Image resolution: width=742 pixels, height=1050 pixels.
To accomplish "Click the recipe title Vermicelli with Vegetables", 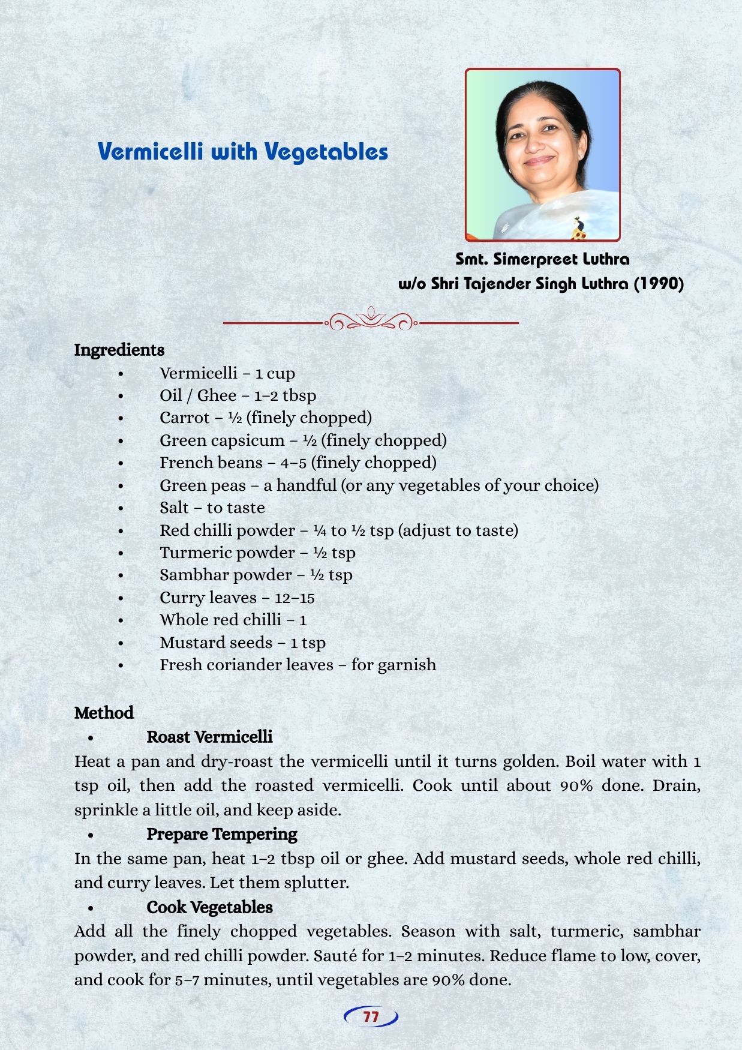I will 243,151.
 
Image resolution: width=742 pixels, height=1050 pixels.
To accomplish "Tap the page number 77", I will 371,1017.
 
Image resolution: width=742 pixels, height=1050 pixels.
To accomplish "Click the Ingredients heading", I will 119,350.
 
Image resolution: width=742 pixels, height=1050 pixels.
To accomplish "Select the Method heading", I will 104,713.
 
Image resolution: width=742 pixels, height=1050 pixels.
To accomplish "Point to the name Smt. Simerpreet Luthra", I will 542,259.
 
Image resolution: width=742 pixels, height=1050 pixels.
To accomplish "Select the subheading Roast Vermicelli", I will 209,737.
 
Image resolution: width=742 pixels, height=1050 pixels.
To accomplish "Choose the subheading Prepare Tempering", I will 221,834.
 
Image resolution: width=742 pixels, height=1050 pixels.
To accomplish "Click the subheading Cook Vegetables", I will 209,907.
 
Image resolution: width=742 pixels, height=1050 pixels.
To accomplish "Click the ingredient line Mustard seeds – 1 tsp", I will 242,643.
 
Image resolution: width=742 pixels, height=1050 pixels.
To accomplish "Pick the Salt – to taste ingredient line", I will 212,508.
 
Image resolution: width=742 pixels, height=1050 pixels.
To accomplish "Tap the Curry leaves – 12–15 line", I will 237,598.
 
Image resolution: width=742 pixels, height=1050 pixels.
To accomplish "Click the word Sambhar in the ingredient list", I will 193,575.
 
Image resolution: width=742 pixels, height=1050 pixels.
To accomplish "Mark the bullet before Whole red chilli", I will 121,620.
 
